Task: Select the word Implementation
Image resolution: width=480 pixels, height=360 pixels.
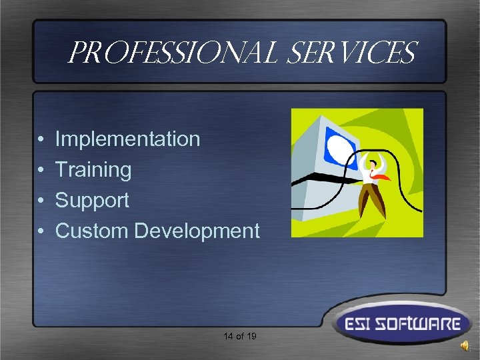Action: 127,139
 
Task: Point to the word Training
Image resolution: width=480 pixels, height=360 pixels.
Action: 93,170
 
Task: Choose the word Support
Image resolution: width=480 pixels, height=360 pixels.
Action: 92,200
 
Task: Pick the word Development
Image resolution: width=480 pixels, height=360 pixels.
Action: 197,231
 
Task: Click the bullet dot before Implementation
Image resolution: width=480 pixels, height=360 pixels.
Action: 41,140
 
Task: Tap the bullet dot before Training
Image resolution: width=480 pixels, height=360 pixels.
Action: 41,171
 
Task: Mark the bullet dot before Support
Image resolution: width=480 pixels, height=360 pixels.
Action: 41,201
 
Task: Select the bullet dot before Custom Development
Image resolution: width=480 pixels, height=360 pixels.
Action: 41,231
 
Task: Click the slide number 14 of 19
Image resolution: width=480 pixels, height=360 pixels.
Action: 240,336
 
